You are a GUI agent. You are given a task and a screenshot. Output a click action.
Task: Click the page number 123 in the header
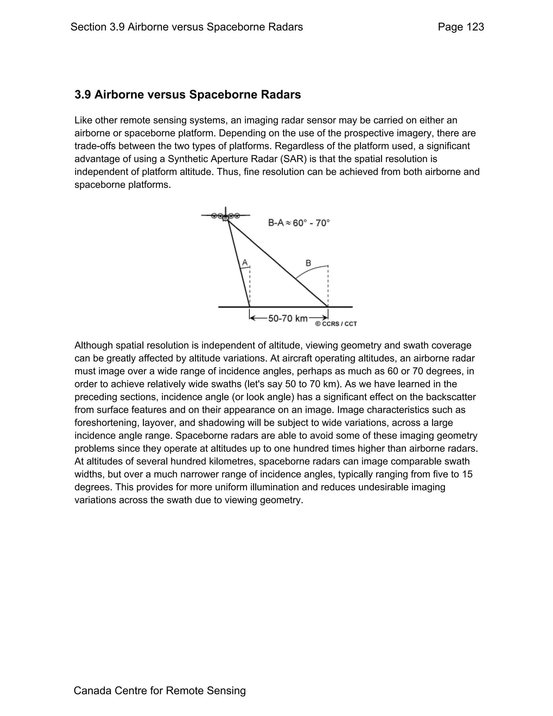[475, 27]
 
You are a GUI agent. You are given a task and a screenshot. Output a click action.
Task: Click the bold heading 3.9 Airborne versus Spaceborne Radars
[187, 95]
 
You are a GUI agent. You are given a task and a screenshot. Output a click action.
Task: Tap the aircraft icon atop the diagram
[225, 216]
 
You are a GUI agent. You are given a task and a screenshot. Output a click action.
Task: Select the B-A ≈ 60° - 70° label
[299, 223]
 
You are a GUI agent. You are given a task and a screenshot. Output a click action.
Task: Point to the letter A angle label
[245, 263]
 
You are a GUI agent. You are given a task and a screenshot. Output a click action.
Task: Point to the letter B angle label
[308, 263]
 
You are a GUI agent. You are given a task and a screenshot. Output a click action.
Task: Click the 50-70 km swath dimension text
[288, 318]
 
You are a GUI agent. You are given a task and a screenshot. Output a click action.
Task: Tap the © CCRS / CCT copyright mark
[336, 324]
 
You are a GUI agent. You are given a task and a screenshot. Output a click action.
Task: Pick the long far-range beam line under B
[278, 264]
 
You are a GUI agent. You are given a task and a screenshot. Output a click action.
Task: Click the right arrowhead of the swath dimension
[325, 318]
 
